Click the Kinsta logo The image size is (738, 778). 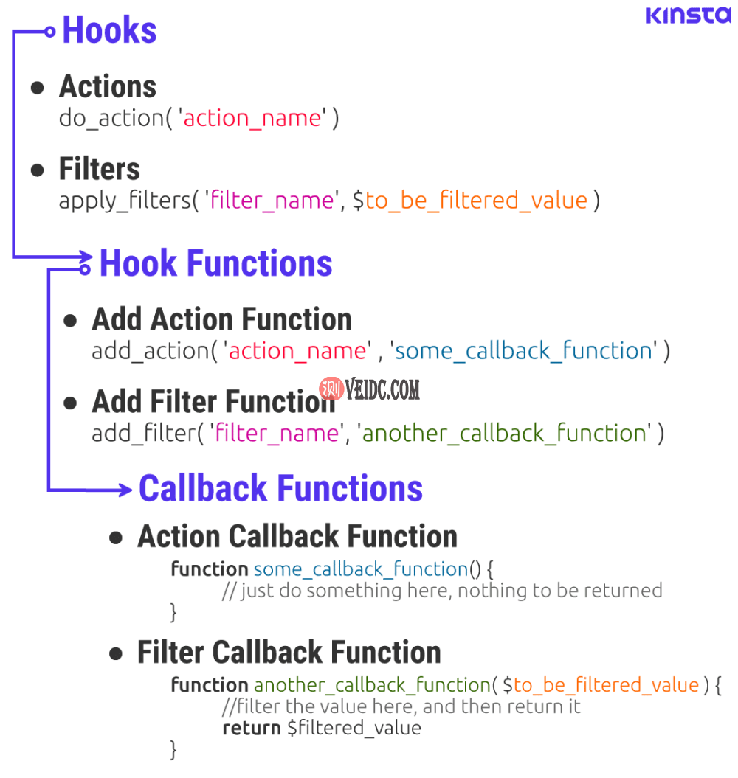(x=688, y=15)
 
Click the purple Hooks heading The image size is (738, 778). (x=109, y=31)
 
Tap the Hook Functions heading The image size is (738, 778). (x=215, y=263)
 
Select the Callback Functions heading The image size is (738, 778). (x=280, y=488)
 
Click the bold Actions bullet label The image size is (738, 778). (x=108, y=87)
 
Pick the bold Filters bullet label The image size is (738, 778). (x=100, y=169)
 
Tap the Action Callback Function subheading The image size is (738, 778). (x=297, y=536)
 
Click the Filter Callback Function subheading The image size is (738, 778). (x=289, y=653)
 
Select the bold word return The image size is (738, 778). (x=252, y=728)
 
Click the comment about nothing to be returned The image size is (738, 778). (x=442, y=590)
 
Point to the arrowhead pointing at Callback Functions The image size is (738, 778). (x=127, y=489)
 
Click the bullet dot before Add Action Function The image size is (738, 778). (x=71, y=321)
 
